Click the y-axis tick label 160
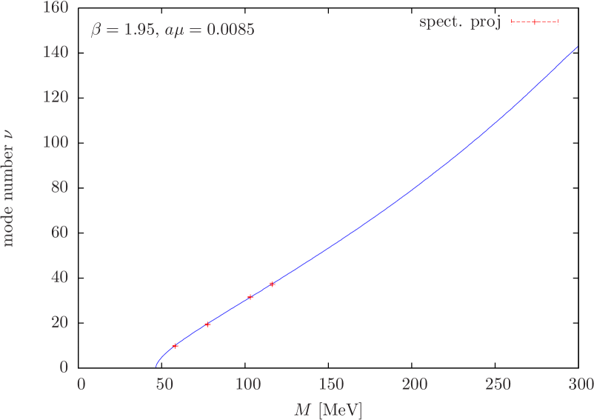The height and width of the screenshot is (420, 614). pos(56,8)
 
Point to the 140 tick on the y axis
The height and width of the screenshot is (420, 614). pos(56,53)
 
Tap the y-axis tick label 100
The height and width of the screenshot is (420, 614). pos(56,142)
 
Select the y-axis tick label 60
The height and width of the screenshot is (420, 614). pos(59,232)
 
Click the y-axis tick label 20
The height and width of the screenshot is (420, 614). pos(59,322)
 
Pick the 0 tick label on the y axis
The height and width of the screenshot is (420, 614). pos(64,367)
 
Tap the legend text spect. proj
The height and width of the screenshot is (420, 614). pos(460,22)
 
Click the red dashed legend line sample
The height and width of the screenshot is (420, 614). pos(534,22)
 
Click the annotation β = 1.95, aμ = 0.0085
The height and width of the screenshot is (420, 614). pos(173,30)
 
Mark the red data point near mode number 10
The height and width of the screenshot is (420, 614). pos(176,345)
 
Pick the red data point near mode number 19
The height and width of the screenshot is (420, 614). pos(207,324)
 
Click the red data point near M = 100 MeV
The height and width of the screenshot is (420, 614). pos(250,297)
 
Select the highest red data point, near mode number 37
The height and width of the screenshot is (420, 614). pos(273,284)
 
